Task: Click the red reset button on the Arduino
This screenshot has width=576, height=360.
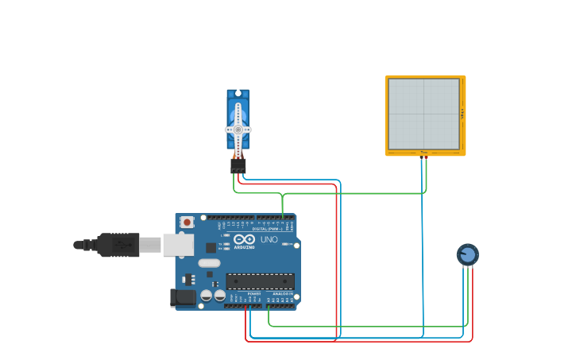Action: pyautogui.click(x=187, y=223)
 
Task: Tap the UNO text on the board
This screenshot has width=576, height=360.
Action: pyautogui.click(x=269, y=239)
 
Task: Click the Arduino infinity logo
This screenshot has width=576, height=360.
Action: pyautogui.click(x=245, y=239)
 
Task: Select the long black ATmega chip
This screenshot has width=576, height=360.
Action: pyautogui.click(x=260, y=281)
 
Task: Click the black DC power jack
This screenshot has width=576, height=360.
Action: pyautogui.click(x=183, y=297)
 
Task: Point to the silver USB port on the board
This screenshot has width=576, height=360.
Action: pyautogui.click(x=178, y=245)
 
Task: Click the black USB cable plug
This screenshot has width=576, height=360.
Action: pyautogui.click(x=118, y=245)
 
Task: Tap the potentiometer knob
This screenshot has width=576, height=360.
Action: pyautogui.click(x=468, y=254)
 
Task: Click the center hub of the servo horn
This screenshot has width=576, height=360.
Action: pyautogui.click(x=238, y=130)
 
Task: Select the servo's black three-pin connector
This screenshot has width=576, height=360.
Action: pyautogui.click(x=238, y=165)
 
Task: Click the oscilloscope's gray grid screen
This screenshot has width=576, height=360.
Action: pyautogui.click(x=423, y=114)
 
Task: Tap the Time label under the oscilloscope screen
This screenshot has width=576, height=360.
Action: pyautogui.click(x=423, y=152)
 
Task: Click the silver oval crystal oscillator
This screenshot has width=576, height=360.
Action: pyautogui.click(x=209, y=263)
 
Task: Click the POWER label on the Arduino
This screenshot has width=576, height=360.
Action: pyautogui.click(x=253, y=293)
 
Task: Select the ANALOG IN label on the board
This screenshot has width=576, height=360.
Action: pyautogui.click(x=281, y=293)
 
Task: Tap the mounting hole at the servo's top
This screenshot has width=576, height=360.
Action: pyautogui.click(x=238, y=93)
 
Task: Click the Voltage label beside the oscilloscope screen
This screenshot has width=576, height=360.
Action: pyautogui.click(x=462, y=114)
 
